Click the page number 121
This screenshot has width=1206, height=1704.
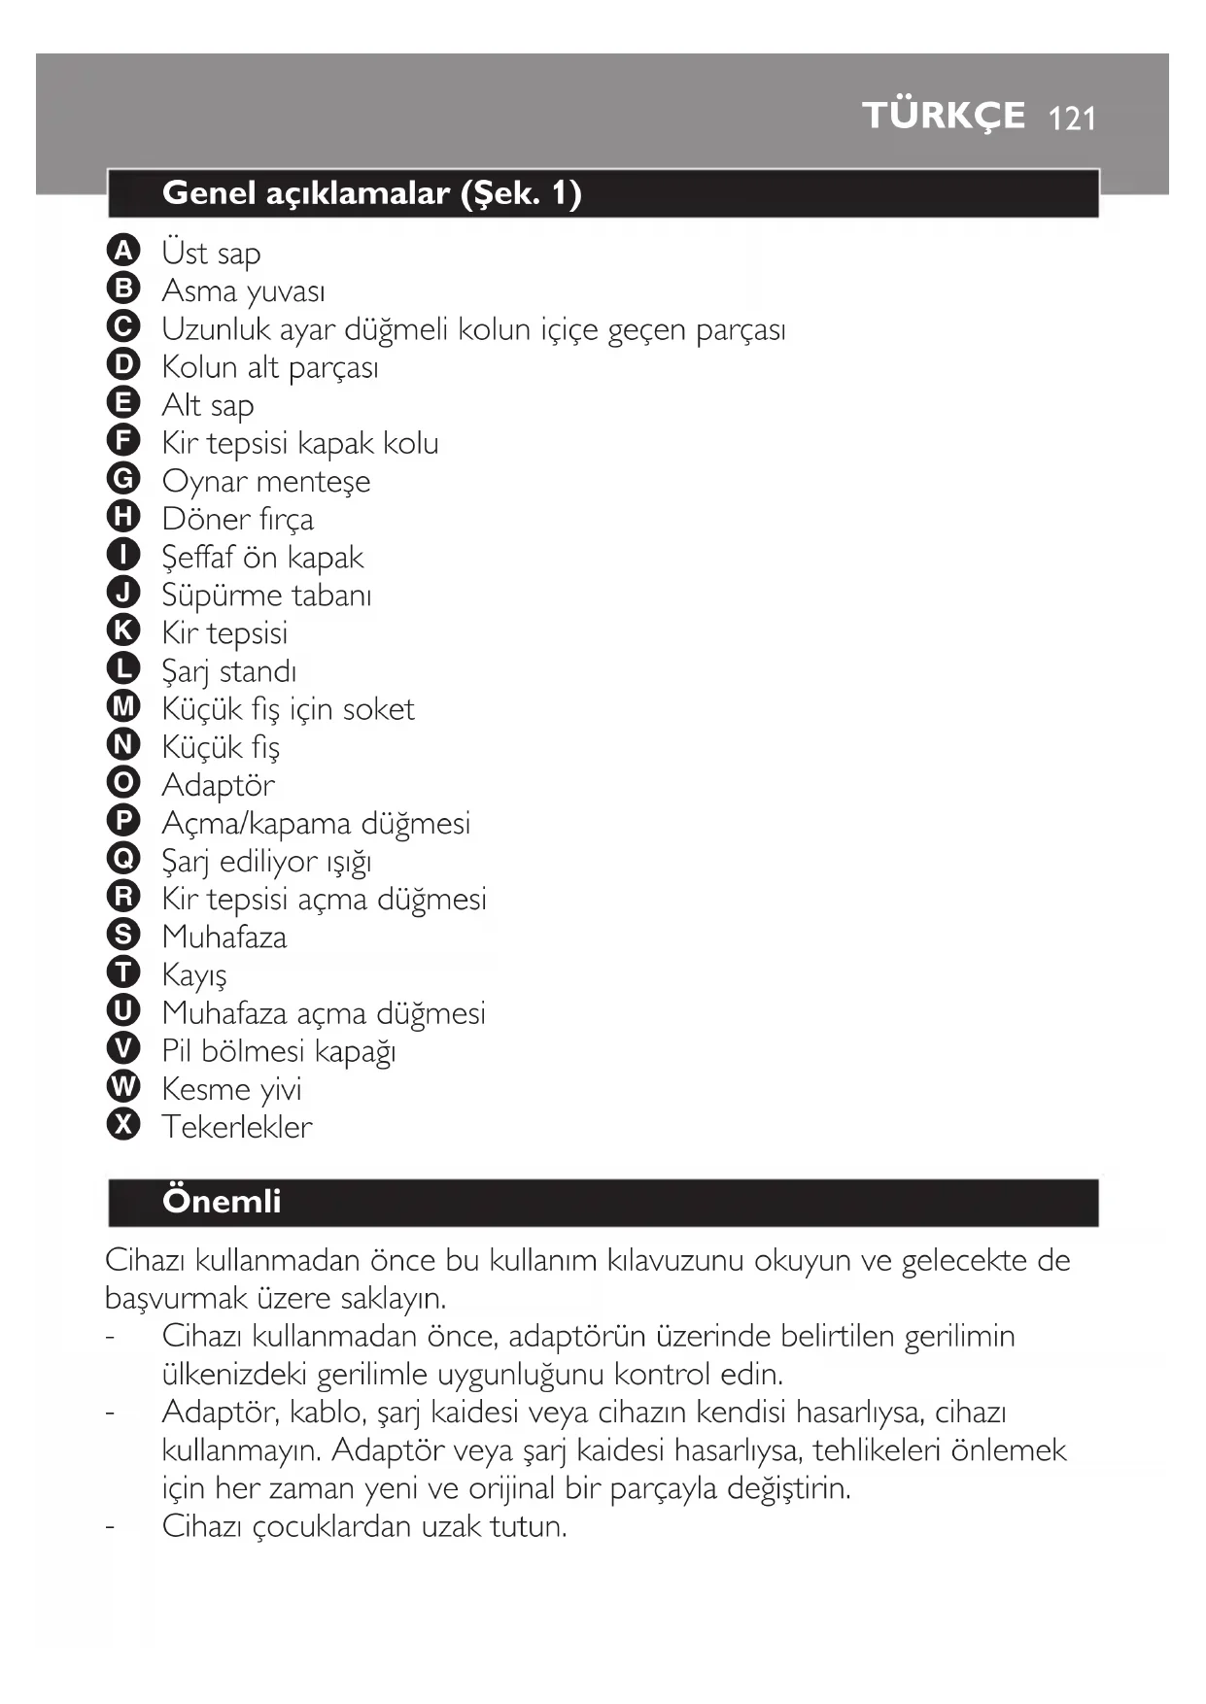click(1073, 119)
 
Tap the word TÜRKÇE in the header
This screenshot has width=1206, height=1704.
click(943, 116)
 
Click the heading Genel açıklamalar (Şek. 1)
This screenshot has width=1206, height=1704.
click(372, 193)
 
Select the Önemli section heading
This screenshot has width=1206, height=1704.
click(222, 1202)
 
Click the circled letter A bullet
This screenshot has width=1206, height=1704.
click(123, 251)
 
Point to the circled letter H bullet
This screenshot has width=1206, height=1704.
click(123, 517)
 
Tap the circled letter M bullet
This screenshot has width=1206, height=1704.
click(123, 707)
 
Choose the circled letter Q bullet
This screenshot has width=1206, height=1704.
click(123, 859)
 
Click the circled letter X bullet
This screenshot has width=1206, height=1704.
click(123, 1125)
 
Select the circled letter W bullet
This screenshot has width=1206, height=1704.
click(123, 1087)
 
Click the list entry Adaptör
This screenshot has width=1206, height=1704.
click(218, 785)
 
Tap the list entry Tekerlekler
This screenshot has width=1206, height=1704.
click(237, 1127)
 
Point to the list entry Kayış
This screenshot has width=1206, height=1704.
click(194, 974)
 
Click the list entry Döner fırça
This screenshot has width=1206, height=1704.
click(238, 519)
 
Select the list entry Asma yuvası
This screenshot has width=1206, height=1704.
click(243, 290)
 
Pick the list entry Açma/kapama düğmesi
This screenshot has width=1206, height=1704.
click(316, 823)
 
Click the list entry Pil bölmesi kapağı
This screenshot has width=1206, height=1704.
click(279, 1051)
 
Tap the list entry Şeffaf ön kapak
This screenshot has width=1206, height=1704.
click(262, 557)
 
